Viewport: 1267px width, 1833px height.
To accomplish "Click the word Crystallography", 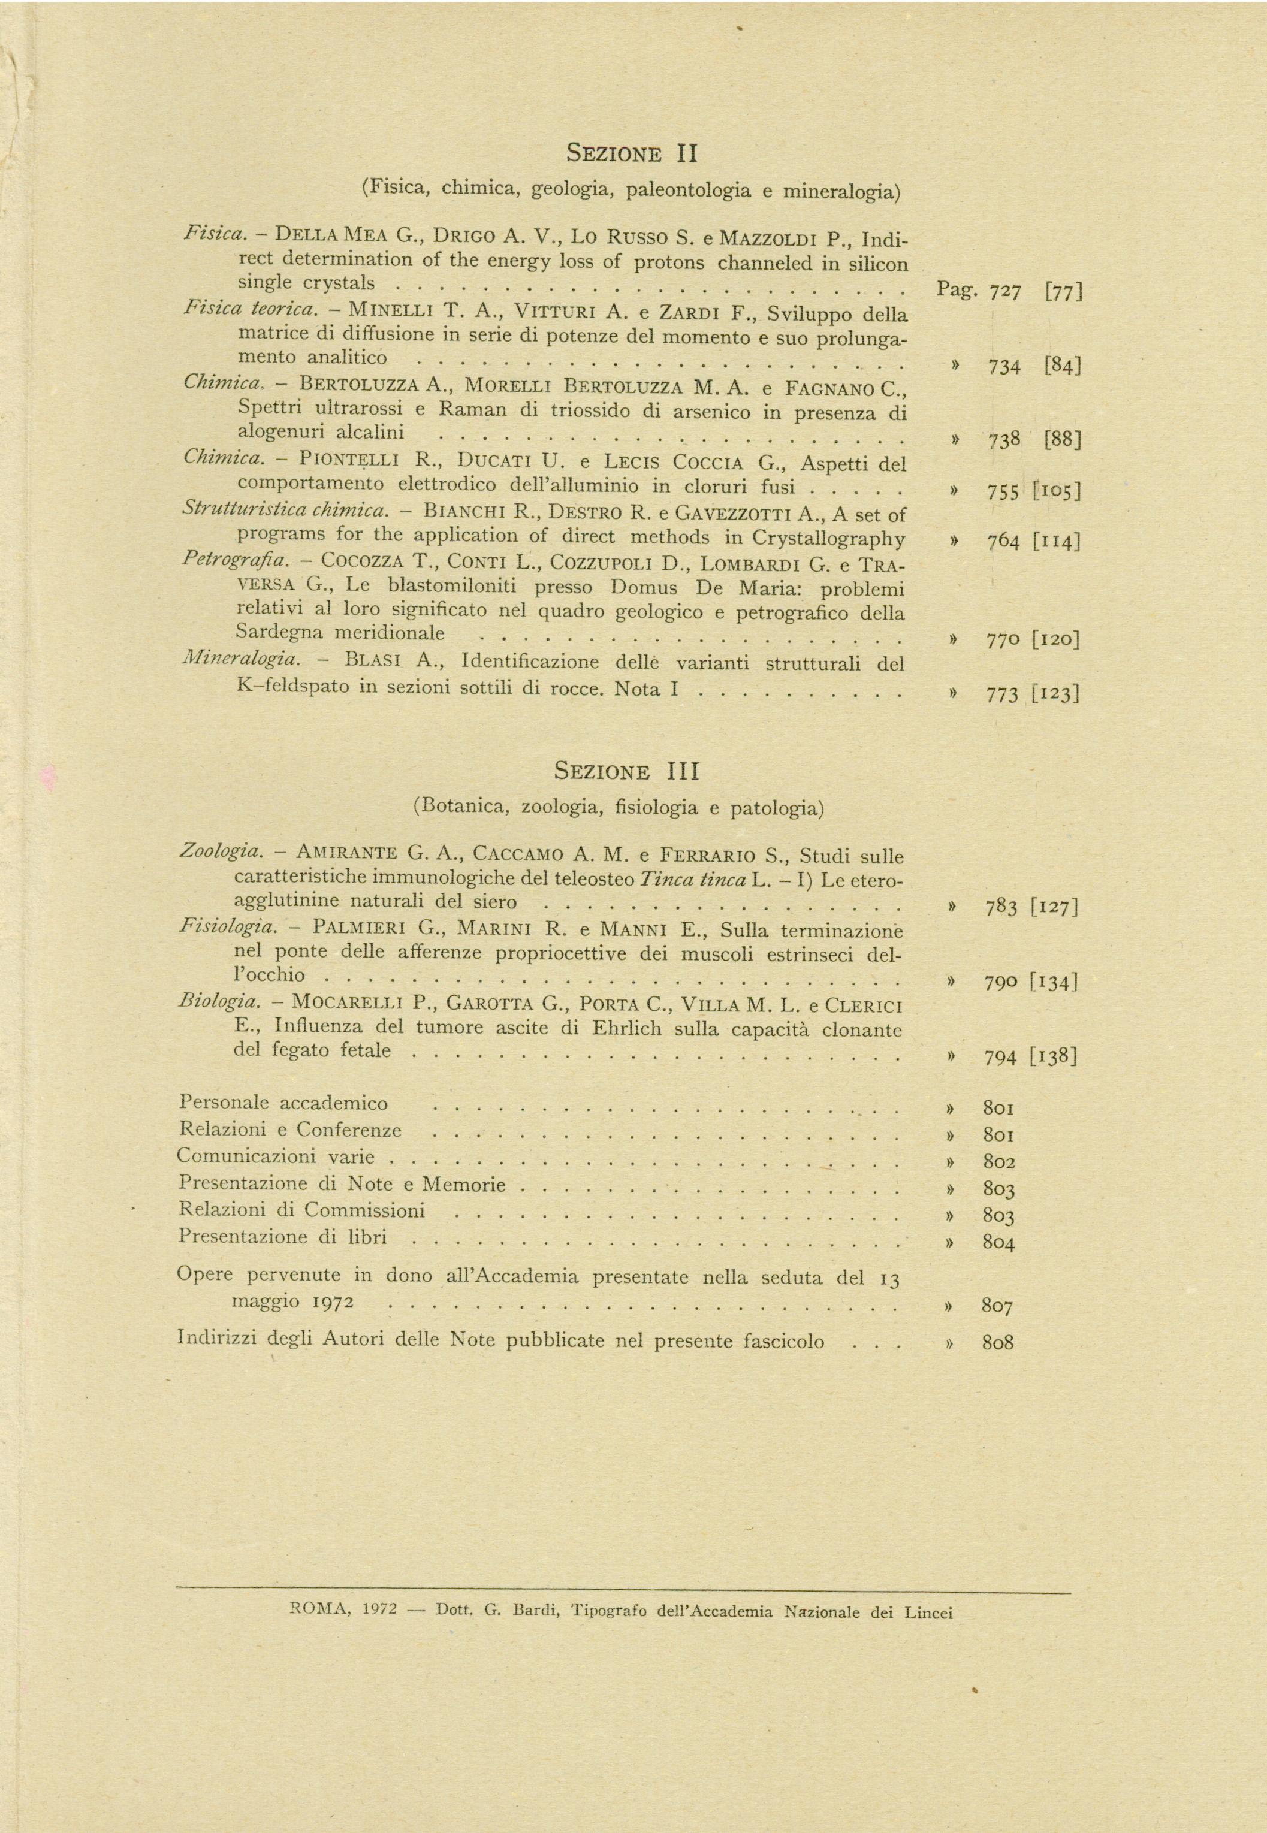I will (828, 539).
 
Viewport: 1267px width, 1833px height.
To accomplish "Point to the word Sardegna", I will (278, 633).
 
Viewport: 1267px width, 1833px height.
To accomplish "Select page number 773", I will (1002, 695).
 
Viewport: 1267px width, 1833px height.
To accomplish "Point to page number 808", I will (998, 1343).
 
